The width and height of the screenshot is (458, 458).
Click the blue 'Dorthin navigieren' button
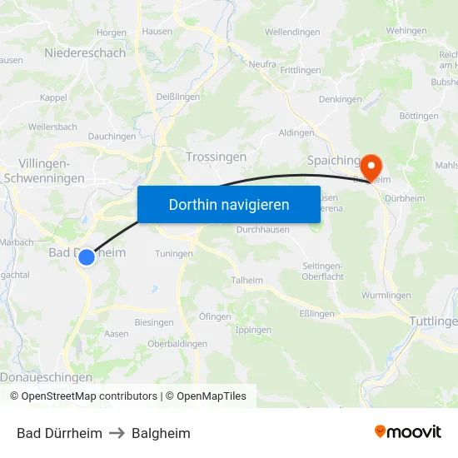click(x=228, y=204)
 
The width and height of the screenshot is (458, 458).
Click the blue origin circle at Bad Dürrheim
click(x=87, y=258)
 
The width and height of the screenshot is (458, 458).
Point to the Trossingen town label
click(x=217, y=157)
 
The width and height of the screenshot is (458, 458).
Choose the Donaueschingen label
click(x=46, y=377)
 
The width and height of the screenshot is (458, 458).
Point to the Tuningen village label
click(x=174, y=254)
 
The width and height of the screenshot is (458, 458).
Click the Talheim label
click(x=247, y=281)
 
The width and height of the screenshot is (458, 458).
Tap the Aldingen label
click(x=296, y=132)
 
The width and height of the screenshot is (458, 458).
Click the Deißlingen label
click(x=177, y=97)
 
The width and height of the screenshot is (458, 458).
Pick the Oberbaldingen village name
click(x=177, y=344)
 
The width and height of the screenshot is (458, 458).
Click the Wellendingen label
click(x=292, y=32)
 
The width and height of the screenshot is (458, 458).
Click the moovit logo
click(x=408, y=432)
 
